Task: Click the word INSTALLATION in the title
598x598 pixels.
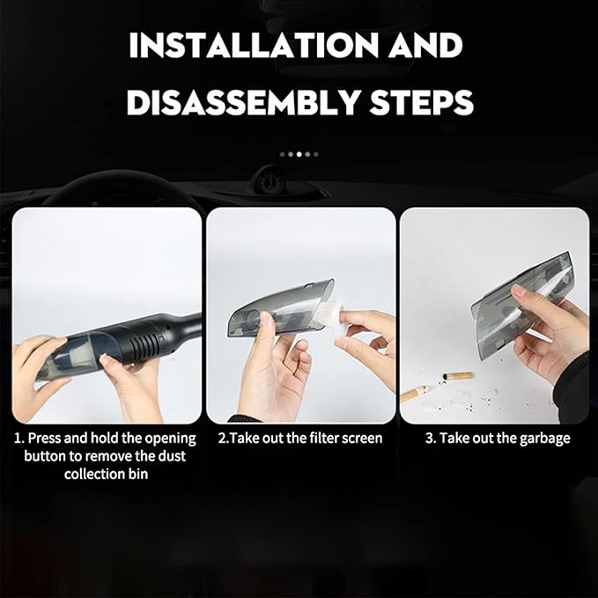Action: [254, 46]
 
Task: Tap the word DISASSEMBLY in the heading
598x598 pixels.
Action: [242, 102]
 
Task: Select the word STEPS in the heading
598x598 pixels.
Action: [422, 102]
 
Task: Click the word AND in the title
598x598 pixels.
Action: [425, 46]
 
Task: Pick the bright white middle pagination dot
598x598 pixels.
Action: [299, 154]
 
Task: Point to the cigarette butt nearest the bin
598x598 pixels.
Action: [457, 376]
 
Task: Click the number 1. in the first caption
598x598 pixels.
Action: [19, 439]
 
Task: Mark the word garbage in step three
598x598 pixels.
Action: [545, 439]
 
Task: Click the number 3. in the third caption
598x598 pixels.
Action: [431, 439]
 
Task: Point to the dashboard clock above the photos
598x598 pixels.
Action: [269, 180]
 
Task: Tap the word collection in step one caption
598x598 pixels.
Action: [95, 474]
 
